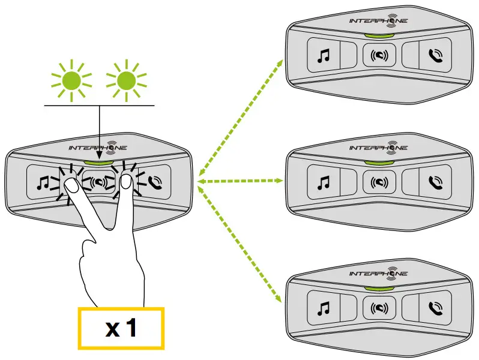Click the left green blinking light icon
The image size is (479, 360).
pos(72,79)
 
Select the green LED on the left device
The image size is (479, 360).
pos(99,161)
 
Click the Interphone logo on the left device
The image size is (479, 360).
pos(98,148)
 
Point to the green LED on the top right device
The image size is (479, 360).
pos(379,34)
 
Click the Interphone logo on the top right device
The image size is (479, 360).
pos(379,20)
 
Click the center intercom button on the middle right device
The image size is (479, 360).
pos(379,181)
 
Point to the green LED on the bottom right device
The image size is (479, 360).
pos(379,287)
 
